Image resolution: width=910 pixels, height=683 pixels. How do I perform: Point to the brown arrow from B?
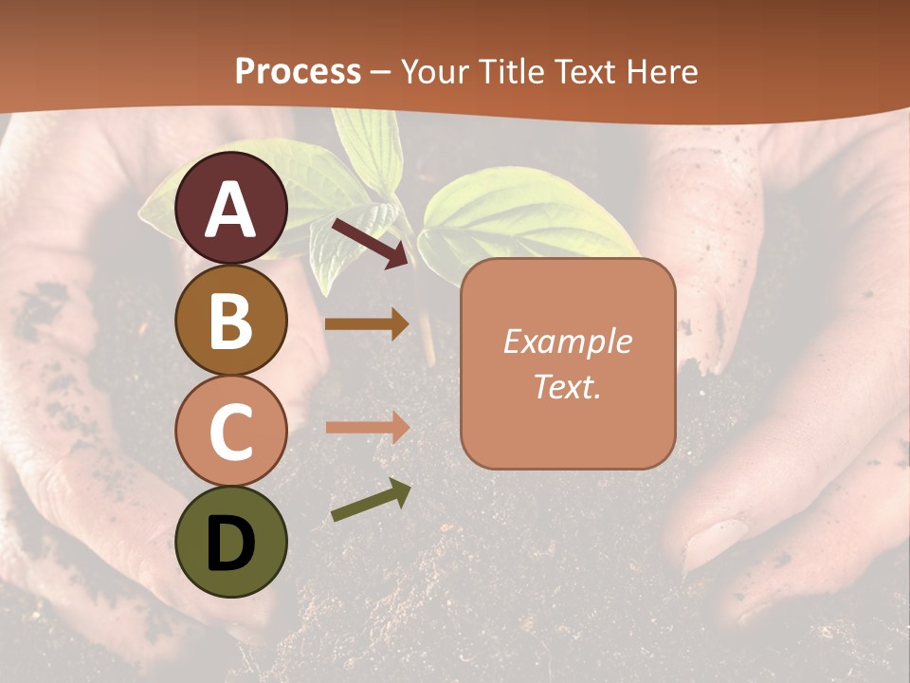(x=367, y=323)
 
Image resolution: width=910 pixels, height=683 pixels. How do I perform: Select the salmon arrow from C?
(x=367, y=427)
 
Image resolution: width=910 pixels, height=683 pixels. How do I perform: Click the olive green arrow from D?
(x=371, y=500)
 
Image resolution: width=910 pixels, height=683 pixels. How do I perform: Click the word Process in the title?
(x=298, y=71)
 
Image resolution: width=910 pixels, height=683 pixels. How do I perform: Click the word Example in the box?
(x=567, y=341)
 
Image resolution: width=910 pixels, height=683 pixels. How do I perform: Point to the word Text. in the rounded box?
(x=567, y=386)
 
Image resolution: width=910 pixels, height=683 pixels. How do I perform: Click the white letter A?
(x=231, y=210)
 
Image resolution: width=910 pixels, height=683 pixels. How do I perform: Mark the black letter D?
(x=231, y=544)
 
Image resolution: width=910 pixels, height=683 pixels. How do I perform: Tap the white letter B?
(x=231, y=321)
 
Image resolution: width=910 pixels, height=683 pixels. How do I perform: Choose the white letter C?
(x=231, y=432)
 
